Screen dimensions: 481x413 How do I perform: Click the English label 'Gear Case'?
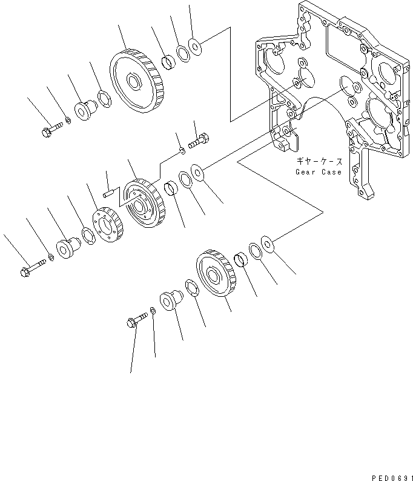coord(318,172)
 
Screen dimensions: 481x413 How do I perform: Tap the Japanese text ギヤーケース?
coord(319,161)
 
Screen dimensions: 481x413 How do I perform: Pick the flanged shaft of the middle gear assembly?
coord(65,248)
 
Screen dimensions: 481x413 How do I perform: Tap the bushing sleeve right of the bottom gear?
coord(241,260)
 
